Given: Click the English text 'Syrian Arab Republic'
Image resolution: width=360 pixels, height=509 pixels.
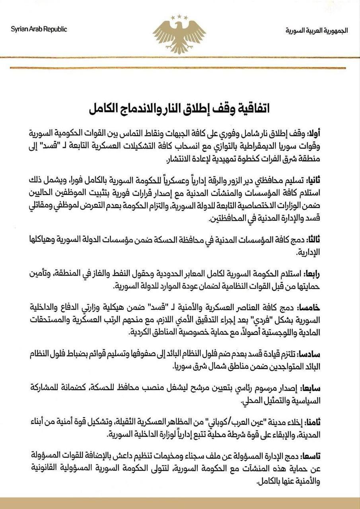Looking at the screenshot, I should [x=39, y=29].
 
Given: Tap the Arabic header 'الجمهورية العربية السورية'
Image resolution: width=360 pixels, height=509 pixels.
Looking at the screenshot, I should [x=317, y=30].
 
